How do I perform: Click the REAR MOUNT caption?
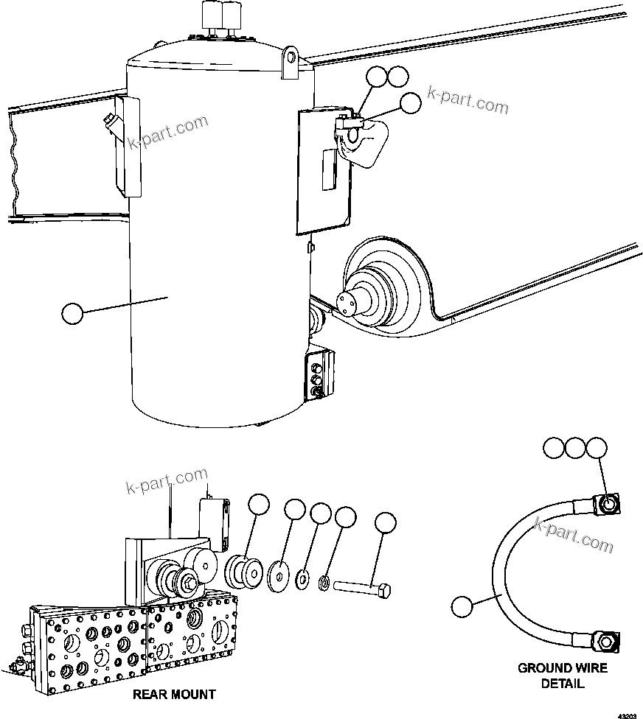tap(174, 694)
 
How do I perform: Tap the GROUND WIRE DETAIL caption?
tap(563, 676)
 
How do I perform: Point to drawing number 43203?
tap(627, 715)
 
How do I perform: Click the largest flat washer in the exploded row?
tap(279, 572)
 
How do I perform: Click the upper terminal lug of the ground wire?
tap(606, 503)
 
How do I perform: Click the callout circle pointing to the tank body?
tap(72, 313)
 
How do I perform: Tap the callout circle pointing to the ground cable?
tap(462, 608)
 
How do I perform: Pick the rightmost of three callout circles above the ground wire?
tap(596, 448)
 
